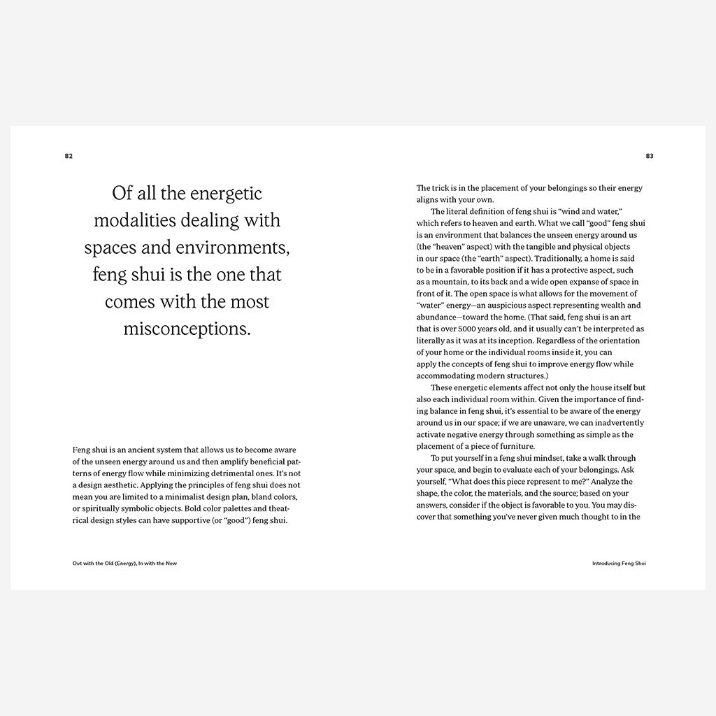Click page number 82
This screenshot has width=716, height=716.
coord(69,156)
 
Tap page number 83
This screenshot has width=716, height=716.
coord(650,156)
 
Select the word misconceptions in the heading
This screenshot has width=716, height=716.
coord(187,329)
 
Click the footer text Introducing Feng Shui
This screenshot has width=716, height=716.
coord(619,563)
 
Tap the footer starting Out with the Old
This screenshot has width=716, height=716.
coord(124,563)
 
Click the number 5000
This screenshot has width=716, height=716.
coord(484,329)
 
